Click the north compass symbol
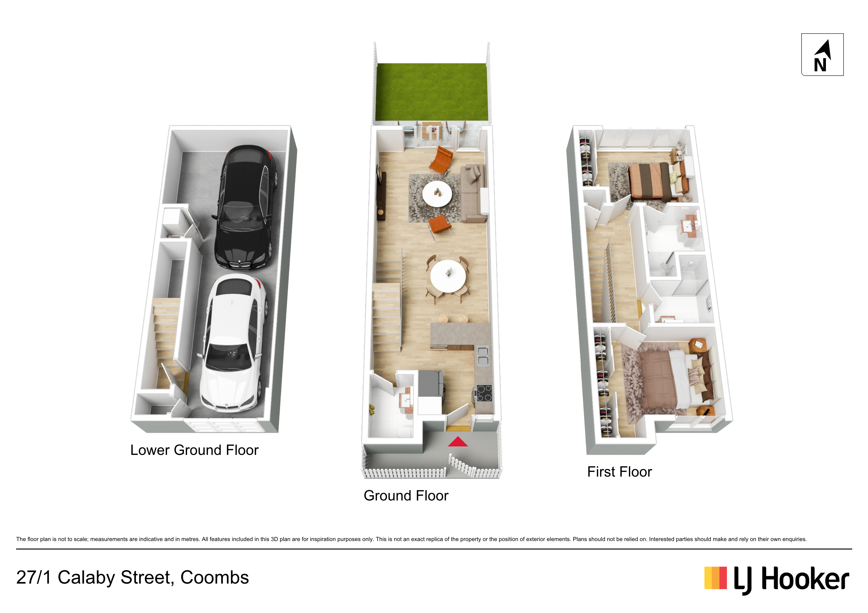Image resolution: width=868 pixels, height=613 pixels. [x=822, y=55]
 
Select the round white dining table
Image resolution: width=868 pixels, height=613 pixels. [x=448, y=276]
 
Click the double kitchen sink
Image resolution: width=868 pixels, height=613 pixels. [x=483, y=356]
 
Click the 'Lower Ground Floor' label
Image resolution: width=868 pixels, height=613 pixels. [x=194, y=450]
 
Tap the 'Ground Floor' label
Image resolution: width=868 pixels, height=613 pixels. [x=406, y=496]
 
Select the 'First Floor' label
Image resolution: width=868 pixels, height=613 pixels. [x=620, y=472]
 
